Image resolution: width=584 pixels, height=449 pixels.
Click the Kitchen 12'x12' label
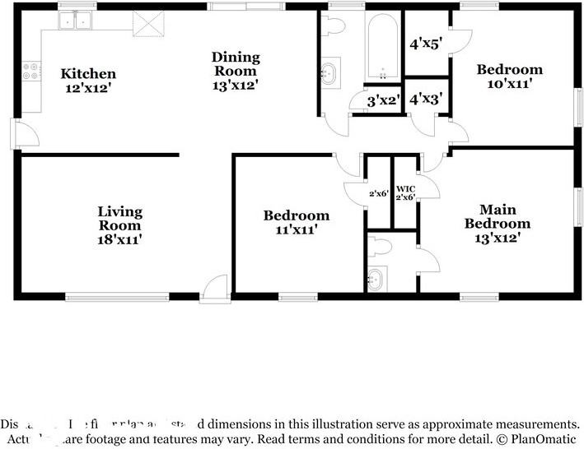[87, 81]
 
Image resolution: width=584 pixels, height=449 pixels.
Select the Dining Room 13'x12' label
[236, 70]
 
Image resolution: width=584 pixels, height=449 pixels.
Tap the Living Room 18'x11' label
[120, 225]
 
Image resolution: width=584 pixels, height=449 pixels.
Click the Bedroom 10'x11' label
[510, 76]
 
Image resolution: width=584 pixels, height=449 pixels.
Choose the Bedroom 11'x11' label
[296, 223]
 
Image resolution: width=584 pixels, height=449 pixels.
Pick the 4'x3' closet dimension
[426, 100]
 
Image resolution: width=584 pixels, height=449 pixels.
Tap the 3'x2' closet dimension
[383, 101]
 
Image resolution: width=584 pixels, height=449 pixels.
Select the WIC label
[405, 188]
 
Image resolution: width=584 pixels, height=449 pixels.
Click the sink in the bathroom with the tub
[329, 73]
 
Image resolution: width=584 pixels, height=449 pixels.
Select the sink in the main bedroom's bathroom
[376, 279]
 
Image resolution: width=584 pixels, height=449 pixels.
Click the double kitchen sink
[79, 20]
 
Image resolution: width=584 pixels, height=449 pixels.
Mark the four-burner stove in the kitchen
[32, 72]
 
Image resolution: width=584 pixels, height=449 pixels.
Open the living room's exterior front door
[215, 288]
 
